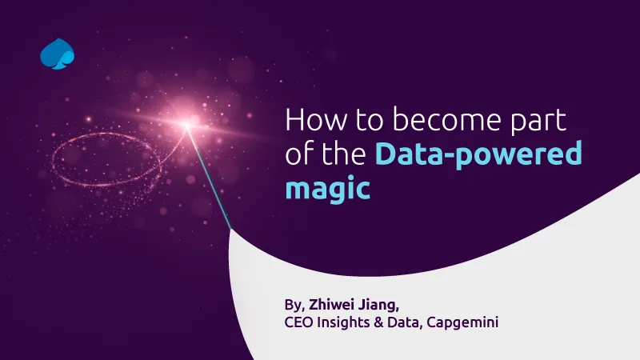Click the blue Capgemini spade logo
[x=57, y=54]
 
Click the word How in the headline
[x=317, y=119]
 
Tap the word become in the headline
[x=446, y=119]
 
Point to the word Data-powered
[x=478, y=154]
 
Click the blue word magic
[x=328, y=189]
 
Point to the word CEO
[x=298, y=322]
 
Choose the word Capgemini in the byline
[x=462, y=323]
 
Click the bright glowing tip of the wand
[x=187, y=124]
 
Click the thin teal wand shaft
[x=209, y=177]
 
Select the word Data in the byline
[x=403, y=322]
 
